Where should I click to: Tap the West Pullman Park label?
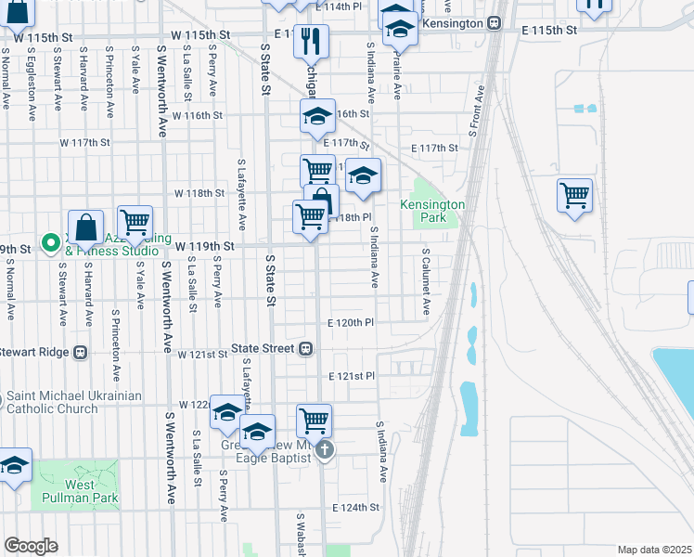[x=80, y=491]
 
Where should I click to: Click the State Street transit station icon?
[x=304, y=349]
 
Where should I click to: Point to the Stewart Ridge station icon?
[x=81, y=353]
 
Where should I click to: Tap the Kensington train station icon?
[x=495, y=22]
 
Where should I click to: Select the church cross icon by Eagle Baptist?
[x=324, y=450]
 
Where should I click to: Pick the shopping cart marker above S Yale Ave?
[x=135, y=222]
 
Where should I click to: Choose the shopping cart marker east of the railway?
[x=574, y=196]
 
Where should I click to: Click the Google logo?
[x=31, y=545]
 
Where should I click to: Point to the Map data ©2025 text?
[x=653, y=550]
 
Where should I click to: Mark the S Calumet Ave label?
[x=426, y=281]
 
